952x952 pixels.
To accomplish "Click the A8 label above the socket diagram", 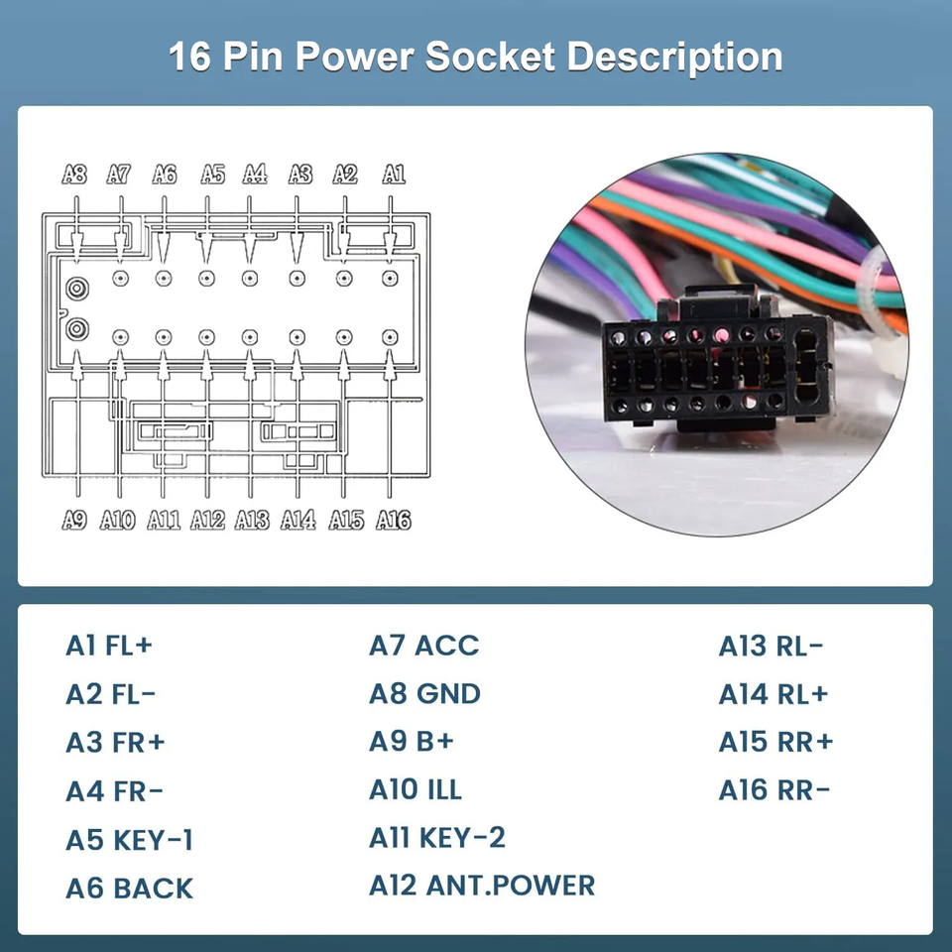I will click(74, 175).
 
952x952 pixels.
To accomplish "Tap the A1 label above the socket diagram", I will click(394, 175).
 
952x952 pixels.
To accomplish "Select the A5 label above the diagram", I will click(212, 175).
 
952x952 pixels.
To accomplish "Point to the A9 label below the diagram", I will click(74, 520).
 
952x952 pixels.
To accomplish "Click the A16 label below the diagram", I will click(394, 520).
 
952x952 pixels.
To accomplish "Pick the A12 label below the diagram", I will click(208, 520).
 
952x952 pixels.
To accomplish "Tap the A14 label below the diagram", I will click(298, 520).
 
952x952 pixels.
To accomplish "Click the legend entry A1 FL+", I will click(109, 646).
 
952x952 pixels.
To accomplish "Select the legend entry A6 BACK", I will click(129, 889).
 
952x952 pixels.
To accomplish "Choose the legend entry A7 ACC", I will click(423, 646).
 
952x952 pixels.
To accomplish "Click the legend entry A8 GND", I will click(424, 694).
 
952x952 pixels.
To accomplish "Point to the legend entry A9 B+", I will click(411, 742).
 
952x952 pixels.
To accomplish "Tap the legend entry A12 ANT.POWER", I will click(482, 886).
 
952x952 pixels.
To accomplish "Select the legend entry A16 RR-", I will click(774, 790).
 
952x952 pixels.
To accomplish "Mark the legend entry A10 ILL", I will click(416, 790).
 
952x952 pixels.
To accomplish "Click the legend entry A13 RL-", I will click(771, 646).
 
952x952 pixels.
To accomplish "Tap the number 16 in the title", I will click(190, 57).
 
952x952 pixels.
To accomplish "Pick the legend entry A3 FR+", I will click(115, 742).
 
